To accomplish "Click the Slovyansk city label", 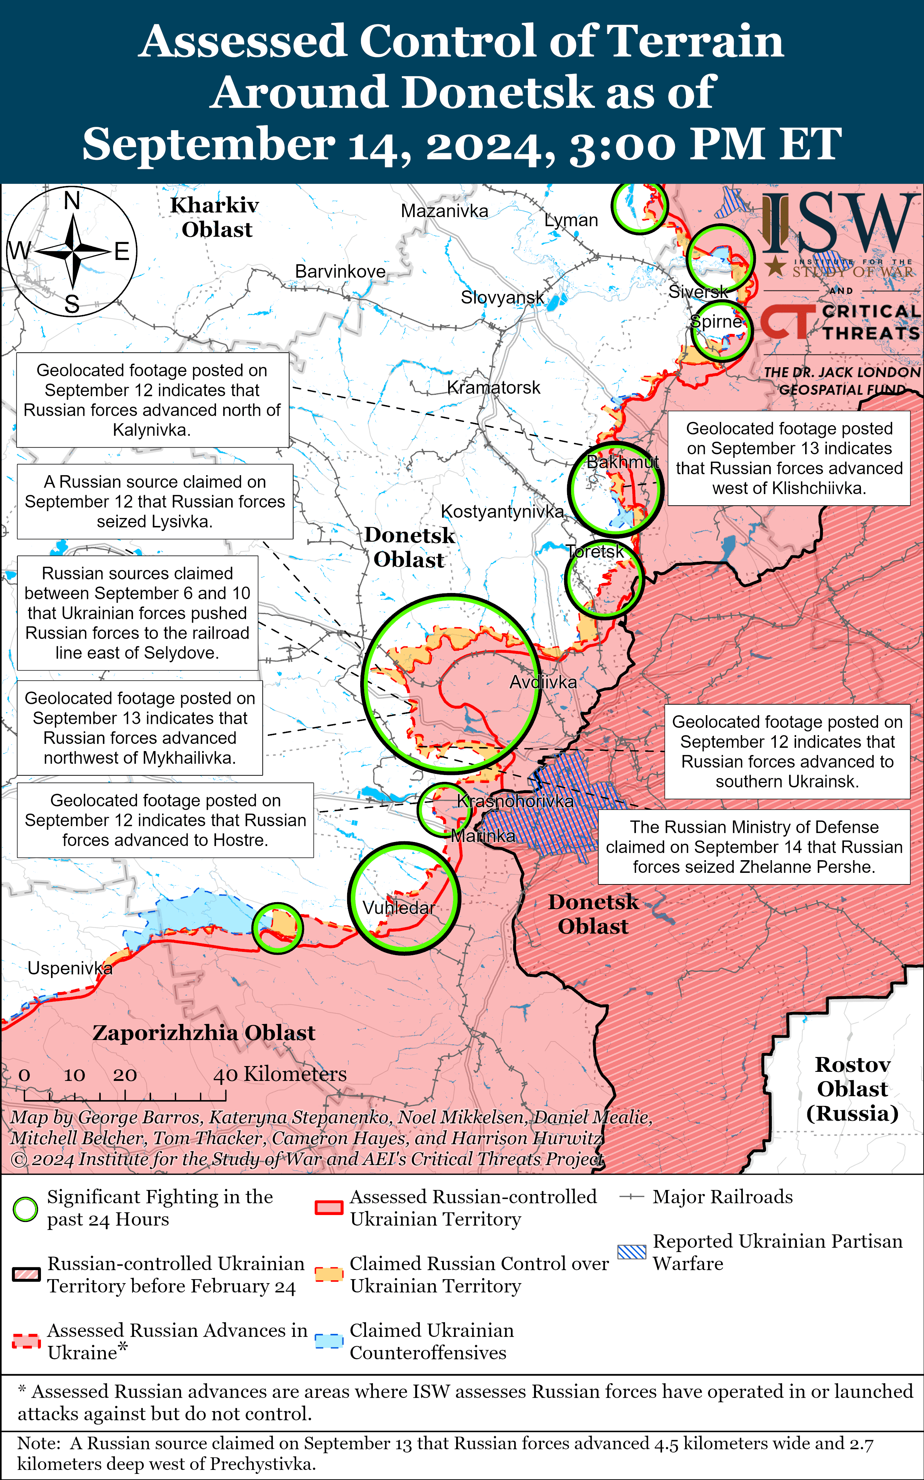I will tap(502, 298).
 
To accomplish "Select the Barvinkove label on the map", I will tap(340, 271).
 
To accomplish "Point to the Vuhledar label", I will tap(399, 908).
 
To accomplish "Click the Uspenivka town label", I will tap(70, 968).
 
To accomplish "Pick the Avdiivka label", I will tap(543, 682).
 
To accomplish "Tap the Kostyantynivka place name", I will tap(502, 512).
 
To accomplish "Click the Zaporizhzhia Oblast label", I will tap(204, 1033).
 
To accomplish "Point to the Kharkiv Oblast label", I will tap(215, 217).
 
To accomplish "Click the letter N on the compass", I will tap(72, 200).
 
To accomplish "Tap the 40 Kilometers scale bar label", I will tap(279, 1074).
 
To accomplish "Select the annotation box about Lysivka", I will tap(155, 501).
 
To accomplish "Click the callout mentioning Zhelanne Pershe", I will tap(753, 847).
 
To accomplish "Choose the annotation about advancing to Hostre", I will tap(165, 820).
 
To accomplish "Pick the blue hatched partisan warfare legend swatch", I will tap(631, 1252).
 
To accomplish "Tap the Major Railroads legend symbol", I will tap(631, 1197).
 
